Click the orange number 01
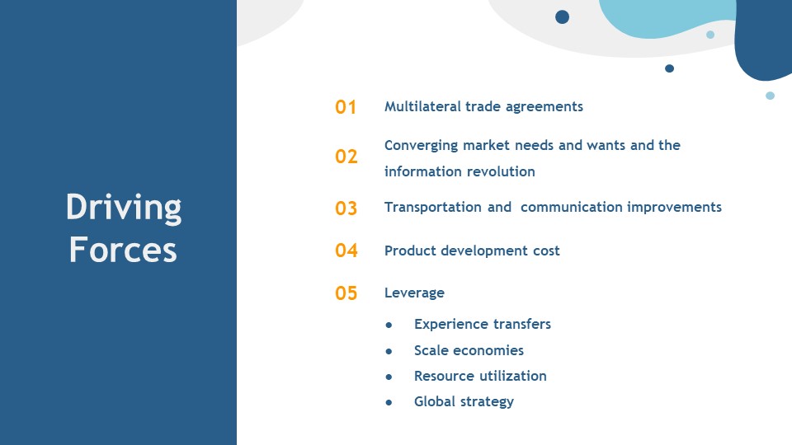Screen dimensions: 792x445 [346, 107]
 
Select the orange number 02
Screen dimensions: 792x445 [346, 157]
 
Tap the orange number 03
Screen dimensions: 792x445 [346, 208]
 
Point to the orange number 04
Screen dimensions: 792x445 [346, 251]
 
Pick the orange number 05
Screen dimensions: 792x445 [346, 293]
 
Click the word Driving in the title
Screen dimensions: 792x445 [124, 208]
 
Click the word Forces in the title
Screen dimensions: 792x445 [123, 250]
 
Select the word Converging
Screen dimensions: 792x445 [422, 147]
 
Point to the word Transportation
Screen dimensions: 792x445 [433, 208]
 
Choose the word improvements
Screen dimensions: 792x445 [674, 208]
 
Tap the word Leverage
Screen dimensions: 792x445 [414, 293]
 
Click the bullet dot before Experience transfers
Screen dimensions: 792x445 [389, 325]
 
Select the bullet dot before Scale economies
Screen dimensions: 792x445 [389, 351]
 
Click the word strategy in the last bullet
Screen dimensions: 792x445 [489, 402]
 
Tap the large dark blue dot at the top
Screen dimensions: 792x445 [562, 17]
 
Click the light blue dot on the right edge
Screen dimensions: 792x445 [770, 96]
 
